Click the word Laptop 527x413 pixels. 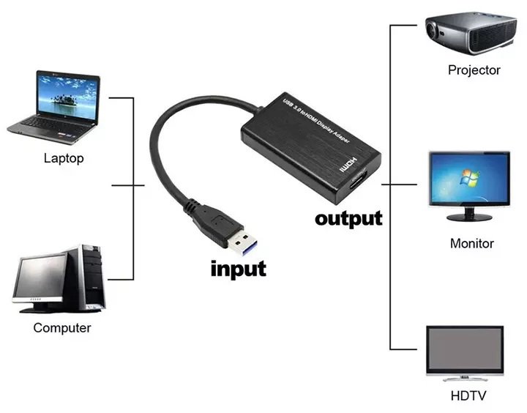click(x=64, y=157)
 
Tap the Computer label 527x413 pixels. click(x=62, y=327)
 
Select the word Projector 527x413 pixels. click(x=474, y=70)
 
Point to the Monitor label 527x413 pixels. click(x=471, y=243)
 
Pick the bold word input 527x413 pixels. click(x=238, y=268)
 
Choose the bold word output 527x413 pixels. click(x=348, y=218)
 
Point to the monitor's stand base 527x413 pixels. click(x=469, y=217)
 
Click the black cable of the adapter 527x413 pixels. click(x=165, y=139)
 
